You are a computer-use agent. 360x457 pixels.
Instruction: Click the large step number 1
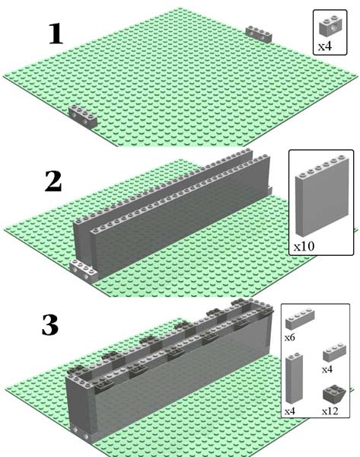(56, 34)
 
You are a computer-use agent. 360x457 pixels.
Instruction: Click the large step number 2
(53, 181)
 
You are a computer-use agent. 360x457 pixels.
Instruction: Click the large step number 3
(50, 324)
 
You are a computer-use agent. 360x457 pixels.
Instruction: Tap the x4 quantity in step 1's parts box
(325, 46)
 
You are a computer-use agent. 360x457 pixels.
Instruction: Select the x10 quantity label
(304, 247)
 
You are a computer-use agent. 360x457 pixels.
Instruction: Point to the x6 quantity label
(290, 337)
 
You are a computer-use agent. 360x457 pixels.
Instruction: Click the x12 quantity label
(330, 411)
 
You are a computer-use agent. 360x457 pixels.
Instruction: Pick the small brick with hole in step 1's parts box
(330, 27)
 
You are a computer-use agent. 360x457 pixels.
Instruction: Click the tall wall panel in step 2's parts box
(321, 196)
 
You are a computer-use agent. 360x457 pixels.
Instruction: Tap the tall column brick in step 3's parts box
(294, 378)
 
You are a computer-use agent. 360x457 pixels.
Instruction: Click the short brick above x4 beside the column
(334, 353)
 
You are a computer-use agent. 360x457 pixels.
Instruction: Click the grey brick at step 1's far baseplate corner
(259, 34)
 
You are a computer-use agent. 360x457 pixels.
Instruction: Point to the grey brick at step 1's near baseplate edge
(82, 117)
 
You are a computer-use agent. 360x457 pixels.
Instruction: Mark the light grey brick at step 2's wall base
(84, 271)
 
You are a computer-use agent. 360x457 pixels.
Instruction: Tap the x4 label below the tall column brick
(290, 411)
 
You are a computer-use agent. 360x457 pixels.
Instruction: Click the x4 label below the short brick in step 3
(327, 369)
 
